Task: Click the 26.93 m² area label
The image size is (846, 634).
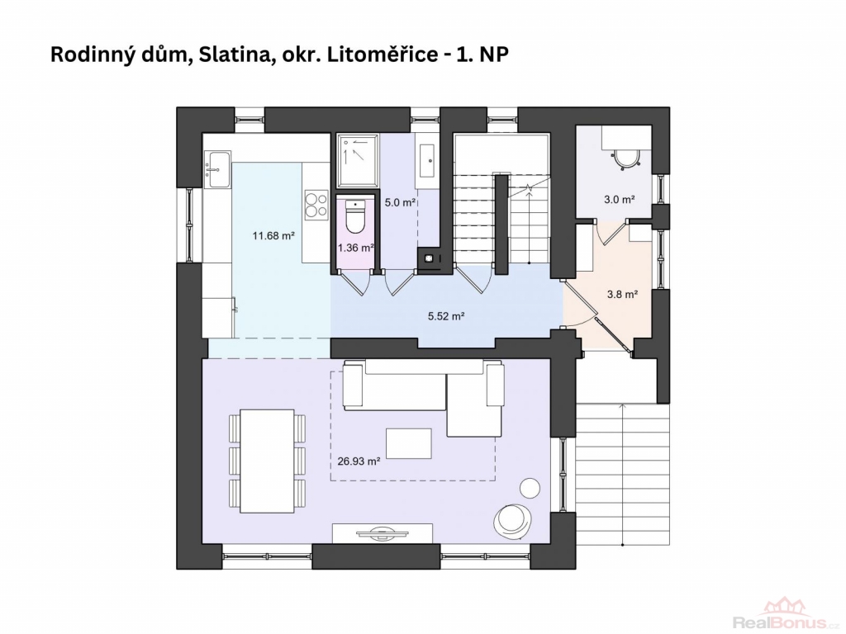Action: click(359, 461)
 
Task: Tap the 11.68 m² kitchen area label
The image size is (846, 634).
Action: click(273, 235)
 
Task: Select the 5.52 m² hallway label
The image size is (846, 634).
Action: click(446, 316)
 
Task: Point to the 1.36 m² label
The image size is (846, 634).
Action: click(355, 248)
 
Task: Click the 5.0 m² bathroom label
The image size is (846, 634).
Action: click(400, 203)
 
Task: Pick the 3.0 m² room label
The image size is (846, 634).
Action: click(619, 200)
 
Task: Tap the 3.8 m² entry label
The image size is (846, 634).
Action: click(622, 295)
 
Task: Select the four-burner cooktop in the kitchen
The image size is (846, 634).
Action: click(316, 205)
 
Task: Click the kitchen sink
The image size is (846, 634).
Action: click(218, 170)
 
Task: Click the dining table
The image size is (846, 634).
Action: click(267, 461)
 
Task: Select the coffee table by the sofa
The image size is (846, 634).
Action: click(408, 443)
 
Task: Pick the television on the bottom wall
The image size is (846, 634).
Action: click(383, 533)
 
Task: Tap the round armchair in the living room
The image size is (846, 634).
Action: click(512, 520)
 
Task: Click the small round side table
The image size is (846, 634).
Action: click(530, 489)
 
